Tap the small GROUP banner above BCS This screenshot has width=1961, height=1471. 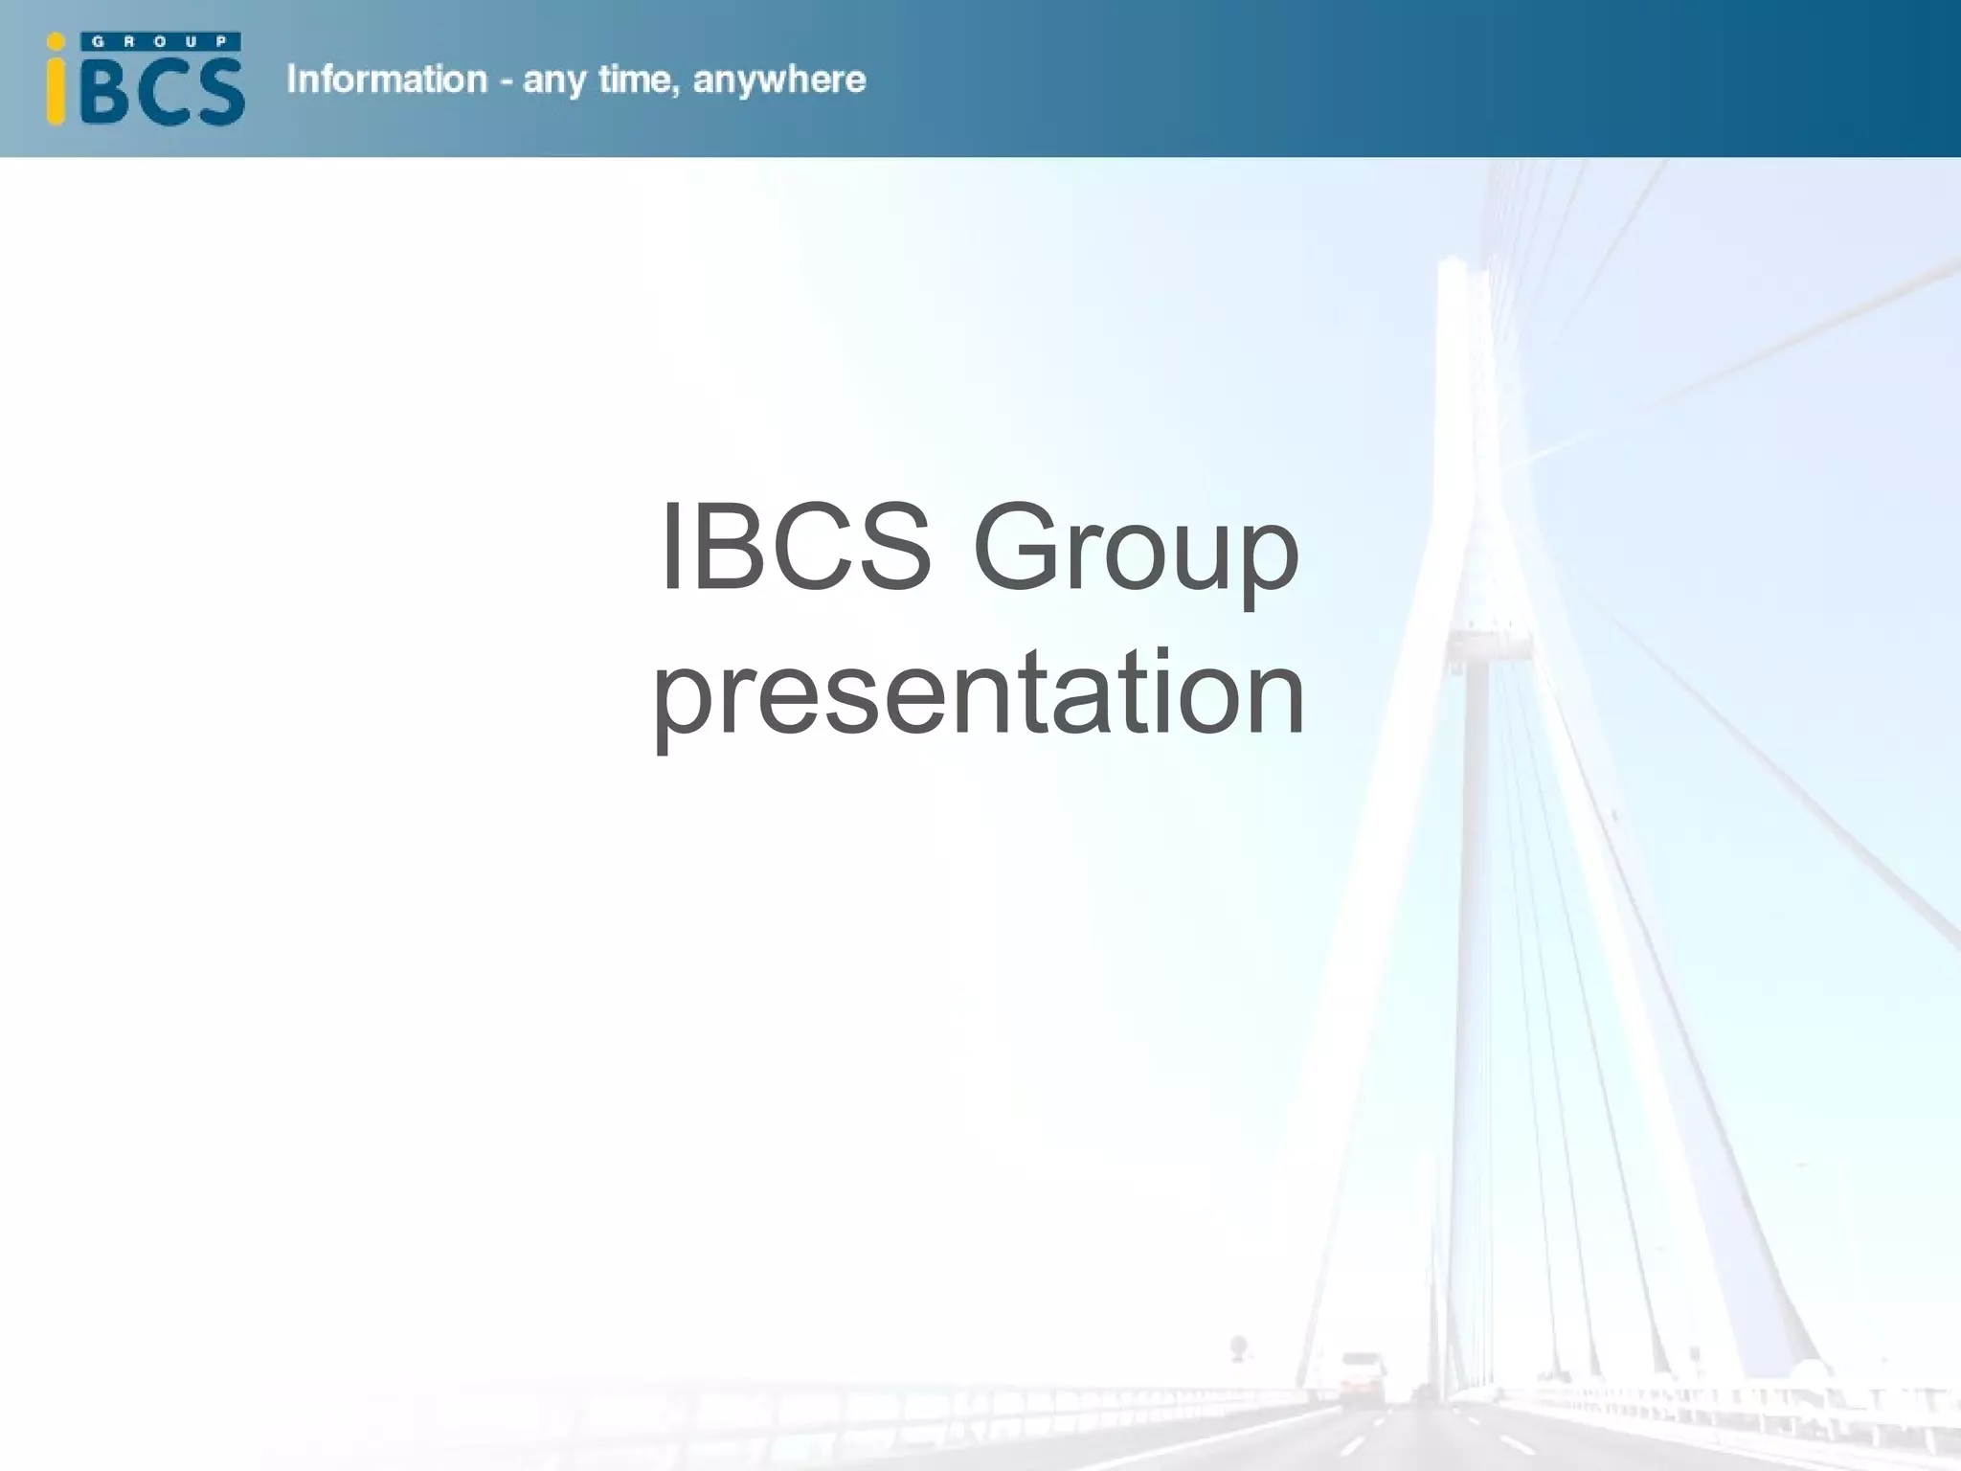161,42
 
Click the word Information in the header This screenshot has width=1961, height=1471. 387,79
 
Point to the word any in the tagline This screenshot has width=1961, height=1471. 554,81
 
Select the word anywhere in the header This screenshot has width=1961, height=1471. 778,81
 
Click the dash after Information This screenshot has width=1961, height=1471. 505,81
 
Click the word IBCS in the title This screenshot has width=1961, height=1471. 795,547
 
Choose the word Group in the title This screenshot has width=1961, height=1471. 1136,551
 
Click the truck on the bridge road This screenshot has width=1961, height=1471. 1362,1378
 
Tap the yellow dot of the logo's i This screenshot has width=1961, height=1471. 56,41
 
